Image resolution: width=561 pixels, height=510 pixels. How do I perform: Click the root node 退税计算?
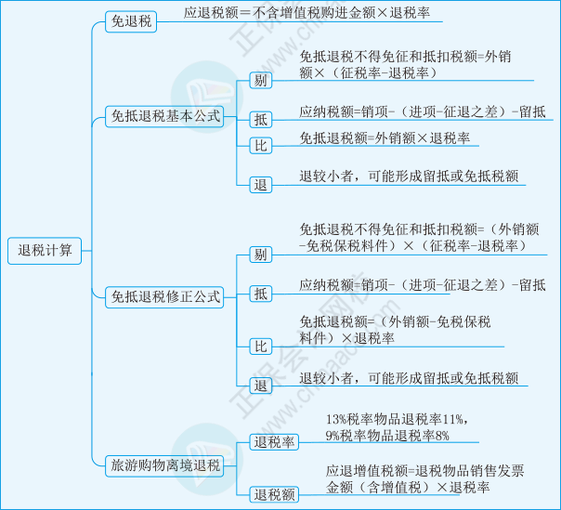tap(45, 251)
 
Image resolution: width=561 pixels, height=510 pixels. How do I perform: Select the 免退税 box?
tap(131, 21)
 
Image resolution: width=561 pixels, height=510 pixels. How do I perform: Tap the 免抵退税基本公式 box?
tap(164, 116)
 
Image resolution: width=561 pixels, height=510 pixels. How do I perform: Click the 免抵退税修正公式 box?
tap(164, 297)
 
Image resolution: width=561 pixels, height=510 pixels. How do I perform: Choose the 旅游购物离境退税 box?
tap(164, 465)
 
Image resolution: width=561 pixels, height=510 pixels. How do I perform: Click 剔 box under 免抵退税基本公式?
tap(260, 80)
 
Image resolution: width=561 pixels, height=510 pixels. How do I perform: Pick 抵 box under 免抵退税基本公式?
tap(260, 120)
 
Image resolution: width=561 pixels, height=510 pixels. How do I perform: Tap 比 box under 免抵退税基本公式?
tap(260, 146)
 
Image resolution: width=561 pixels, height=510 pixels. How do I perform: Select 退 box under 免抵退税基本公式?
tap(260, 185)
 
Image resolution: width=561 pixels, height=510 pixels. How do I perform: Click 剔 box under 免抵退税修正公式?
tap(260, 255)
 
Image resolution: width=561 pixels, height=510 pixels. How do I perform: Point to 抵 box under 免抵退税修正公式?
tap(260, 294)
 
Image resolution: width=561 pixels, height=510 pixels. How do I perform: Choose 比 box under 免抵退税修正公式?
tap(260, 347)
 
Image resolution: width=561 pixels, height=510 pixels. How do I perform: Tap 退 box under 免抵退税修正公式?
tap(260, 386)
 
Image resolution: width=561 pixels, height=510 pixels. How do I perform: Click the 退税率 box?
tap(274, 442)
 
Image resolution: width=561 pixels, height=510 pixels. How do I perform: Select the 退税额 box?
tap(274, 494)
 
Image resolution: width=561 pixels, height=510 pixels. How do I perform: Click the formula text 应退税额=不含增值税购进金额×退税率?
tap(307, 13)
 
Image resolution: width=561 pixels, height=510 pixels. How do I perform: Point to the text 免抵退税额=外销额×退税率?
tap(385, 138)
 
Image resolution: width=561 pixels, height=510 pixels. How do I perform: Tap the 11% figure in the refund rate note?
tap(453, 419)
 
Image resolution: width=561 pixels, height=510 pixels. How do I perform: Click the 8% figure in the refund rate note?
tap(442, 436)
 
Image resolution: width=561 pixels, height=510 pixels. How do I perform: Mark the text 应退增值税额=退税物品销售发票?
tap(424, 471)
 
